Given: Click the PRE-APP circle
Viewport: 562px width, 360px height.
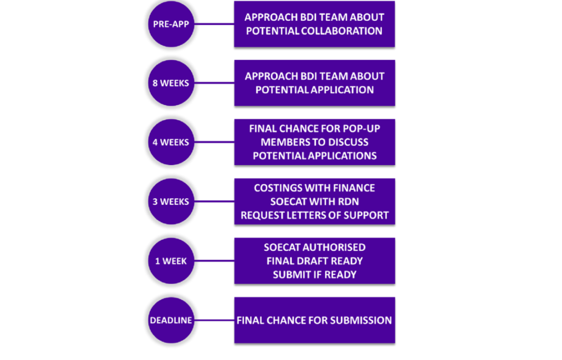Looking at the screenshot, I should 171,24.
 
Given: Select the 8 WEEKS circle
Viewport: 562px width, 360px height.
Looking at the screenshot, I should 171,83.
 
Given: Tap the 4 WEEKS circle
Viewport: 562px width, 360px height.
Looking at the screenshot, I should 171,142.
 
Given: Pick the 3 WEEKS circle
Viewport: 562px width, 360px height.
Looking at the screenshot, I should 171,201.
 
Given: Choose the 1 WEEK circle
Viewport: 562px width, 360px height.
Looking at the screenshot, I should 171,261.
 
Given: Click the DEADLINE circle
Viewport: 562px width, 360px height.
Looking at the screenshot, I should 171,320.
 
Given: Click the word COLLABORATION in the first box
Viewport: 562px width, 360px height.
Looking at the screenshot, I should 342,31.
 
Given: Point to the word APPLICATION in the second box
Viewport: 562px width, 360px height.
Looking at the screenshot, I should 342,89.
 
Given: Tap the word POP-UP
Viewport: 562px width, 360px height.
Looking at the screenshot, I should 360,129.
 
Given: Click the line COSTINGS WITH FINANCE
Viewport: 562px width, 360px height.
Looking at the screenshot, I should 314,188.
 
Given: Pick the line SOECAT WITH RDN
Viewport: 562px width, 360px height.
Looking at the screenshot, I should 314,201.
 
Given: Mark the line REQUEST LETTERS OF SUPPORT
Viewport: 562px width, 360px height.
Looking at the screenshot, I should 314,215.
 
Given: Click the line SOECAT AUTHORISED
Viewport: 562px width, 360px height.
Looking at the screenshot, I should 314,248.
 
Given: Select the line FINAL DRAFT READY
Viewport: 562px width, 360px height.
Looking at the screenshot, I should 314,261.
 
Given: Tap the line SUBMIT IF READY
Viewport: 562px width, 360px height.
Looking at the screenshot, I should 314,274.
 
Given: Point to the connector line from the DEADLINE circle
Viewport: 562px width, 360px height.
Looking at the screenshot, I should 214,320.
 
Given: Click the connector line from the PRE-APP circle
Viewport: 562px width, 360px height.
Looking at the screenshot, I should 214,24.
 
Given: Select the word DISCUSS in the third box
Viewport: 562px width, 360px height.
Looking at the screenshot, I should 348,142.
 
